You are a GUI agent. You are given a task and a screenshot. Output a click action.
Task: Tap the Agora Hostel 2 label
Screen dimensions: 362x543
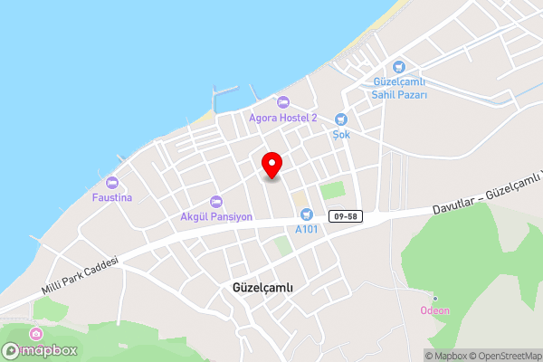283,118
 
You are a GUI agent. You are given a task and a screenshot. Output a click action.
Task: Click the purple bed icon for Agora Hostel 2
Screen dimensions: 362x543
283,101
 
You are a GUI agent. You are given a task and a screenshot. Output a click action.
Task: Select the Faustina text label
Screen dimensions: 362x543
112,196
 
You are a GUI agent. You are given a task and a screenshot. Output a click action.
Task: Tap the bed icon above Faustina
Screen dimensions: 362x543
112,181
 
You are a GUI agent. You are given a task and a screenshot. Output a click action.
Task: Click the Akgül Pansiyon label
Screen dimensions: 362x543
215,217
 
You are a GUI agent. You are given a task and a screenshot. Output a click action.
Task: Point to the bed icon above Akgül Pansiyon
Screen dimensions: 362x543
215,201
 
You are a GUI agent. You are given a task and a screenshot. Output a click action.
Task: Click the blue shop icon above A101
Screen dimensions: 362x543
306,214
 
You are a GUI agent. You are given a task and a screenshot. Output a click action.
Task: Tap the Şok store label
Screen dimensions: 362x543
341,134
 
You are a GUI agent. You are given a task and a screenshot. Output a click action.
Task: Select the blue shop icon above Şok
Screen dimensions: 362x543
341,119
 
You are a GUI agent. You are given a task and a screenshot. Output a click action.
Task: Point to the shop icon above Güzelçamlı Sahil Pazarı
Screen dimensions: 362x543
399,65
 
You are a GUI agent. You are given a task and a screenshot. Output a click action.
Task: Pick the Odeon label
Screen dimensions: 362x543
435,310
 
